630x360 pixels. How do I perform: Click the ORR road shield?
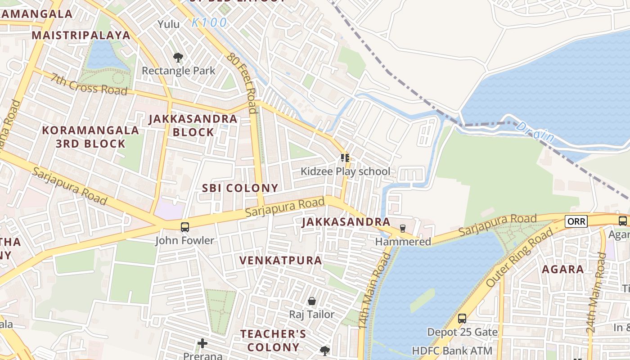576,221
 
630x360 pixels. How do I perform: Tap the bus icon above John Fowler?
185,227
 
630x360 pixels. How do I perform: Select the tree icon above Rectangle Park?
178,58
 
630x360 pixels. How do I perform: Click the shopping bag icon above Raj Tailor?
311,301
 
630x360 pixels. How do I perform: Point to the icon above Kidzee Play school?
345,158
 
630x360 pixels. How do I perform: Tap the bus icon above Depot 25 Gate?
462,319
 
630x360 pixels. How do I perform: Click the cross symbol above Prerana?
202,343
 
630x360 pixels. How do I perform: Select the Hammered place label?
403,242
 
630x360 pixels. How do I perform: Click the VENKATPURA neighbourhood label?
281,261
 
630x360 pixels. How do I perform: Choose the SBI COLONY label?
240,188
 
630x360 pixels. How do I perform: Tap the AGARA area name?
562,270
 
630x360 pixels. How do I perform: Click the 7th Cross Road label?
89,84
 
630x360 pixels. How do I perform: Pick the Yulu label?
168,24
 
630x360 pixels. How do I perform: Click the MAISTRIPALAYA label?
81,35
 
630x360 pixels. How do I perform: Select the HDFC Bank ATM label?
452,350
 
